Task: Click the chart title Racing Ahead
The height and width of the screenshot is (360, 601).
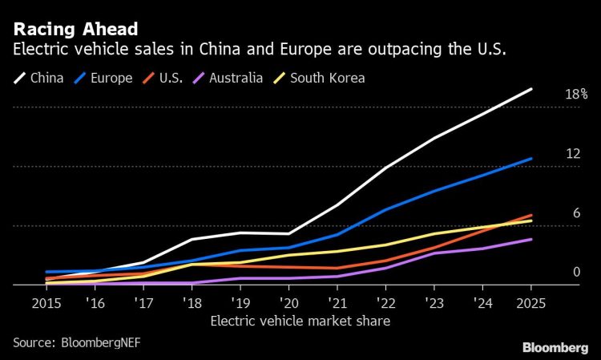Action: coord(75,29)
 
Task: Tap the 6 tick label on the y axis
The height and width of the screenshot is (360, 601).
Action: coord(575,212)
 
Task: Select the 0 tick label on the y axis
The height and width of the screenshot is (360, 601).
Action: coord(575,272)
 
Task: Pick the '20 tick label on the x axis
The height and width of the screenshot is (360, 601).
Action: coord(288,304)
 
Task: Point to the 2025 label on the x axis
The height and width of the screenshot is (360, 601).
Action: coord(530,304)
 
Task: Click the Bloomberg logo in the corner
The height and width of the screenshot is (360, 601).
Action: coord(555,348)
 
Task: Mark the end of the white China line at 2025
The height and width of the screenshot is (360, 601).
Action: coord(530,89)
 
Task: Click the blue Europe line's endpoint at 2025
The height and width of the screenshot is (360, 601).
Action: coord(530,159)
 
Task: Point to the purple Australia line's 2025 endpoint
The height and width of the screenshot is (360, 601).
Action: coord(530,239)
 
